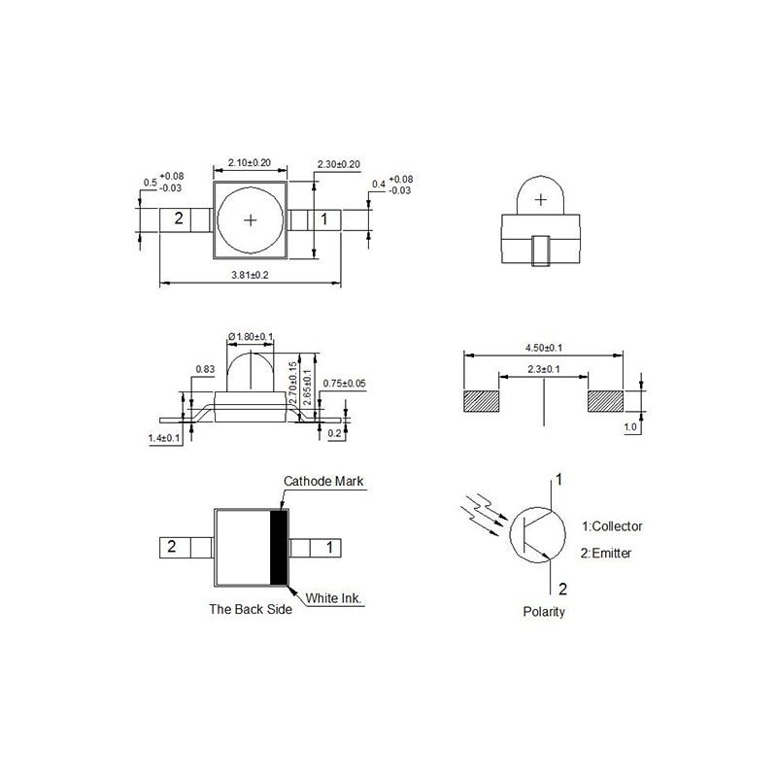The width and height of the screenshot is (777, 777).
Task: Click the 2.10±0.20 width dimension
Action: (x=249, y=162)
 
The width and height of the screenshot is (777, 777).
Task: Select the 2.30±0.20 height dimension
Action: (x=339, y=164)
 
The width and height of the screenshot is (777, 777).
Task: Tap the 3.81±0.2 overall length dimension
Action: (x=250, y=276)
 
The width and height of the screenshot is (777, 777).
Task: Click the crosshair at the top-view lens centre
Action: (x=251, y=220)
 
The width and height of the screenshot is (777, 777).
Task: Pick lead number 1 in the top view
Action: (x=324, y=220)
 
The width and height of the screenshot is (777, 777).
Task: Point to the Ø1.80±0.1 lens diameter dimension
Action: (x=251, y=337)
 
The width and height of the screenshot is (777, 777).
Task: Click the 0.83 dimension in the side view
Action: (x=205, y=369)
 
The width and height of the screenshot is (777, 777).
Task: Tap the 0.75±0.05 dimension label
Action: (x=344, y=383)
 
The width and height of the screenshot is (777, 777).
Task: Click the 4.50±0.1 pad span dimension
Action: (x=543, y=347)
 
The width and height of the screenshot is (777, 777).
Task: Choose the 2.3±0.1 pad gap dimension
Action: (x=543, y=369)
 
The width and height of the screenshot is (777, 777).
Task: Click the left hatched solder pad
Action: (x=482, y=401)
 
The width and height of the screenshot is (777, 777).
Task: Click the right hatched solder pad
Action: (x=604, y=401)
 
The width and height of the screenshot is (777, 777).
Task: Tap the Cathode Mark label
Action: (x=322, y=481)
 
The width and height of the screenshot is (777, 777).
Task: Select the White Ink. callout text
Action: (x=334, y=598)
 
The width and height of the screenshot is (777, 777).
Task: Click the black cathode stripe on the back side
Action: (x=280, y=547)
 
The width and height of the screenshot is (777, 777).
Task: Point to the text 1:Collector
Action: (x=612, y=526)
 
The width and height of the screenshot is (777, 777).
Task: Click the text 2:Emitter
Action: (x=606, y=553)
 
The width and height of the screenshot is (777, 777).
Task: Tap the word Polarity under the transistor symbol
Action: (x=543, y=612)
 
